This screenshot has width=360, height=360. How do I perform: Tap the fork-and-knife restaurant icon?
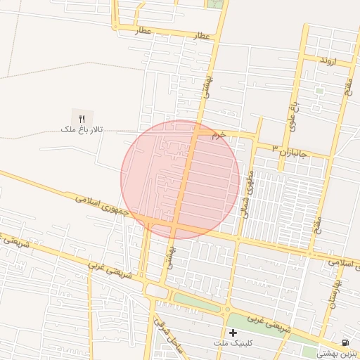click(82, 118)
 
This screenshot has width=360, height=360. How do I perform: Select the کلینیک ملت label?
click(234, 342)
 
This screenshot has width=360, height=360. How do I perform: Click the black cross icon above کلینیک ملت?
click(233, 331)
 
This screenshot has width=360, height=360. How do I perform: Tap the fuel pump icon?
click(345, 342)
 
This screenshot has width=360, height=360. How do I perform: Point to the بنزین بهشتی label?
click(337, 354)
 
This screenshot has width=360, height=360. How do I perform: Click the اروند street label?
click(328, 61)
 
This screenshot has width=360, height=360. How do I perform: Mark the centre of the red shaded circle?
click(180, 179)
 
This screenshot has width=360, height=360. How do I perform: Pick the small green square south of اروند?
click(320, 90)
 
